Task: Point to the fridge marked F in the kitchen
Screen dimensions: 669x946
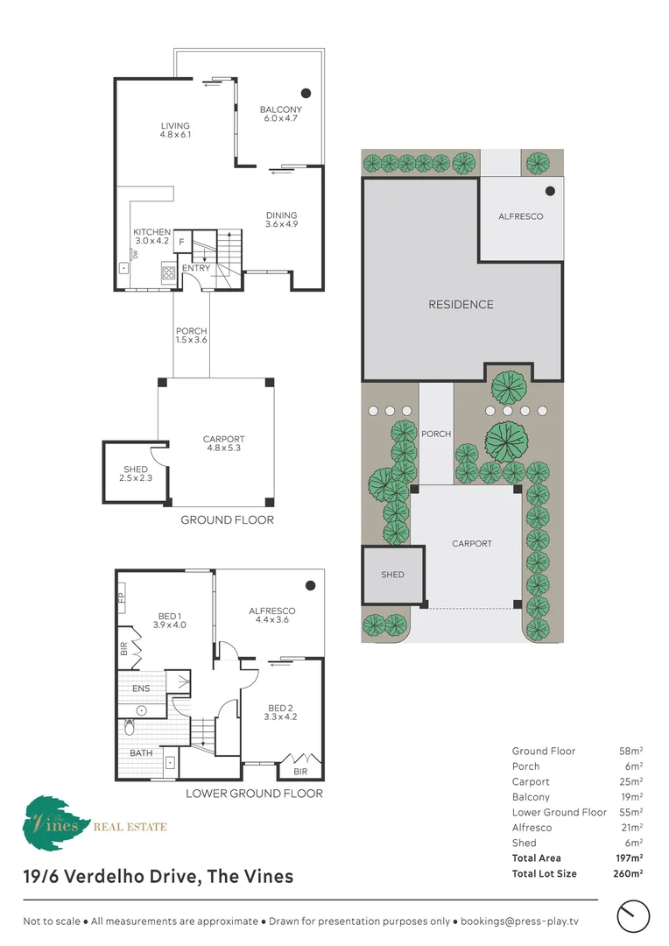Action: pos(181,243)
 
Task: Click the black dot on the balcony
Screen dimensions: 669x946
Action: pos(306,93)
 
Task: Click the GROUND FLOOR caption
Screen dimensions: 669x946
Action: pos(228,519)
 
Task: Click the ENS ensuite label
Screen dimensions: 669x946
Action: pos(141,688)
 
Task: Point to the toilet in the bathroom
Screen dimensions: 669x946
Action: pos(129,727)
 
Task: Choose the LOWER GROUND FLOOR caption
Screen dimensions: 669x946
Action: pos(254,794)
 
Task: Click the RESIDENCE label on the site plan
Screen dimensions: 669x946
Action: pos(461,305)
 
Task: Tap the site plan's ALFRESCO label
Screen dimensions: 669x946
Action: pos(521,216)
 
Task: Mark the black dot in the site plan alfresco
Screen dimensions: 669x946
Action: pos(550,191)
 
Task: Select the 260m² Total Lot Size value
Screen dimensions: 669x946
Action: pos(628,873)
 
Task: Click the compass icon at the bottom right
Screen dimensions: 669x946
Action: pos(633,916)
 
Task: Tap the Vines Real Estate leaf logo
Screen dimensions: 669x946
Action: pos(55,822)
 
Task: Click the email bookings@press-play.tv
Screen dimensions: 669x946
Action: pos(519,921)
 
